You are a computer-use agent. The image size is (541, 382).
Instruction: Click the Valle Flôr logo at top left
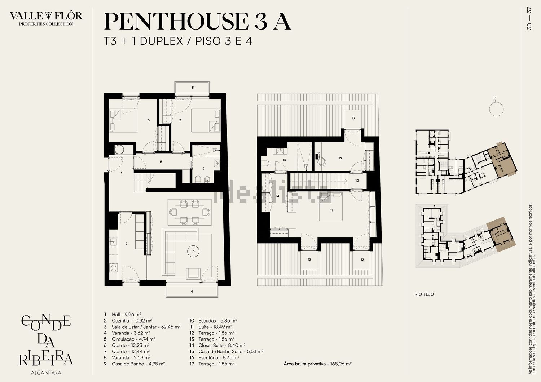46,18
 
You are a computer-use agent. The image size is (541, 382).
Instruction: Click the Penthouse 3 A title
197,22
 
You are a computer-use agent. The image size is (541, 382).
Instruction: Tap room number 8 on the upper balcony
193,87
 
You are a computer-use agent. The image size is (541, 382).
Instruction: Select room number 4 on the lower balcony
192,292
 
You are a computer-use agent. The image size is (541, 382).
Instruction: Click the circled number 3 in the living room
194,251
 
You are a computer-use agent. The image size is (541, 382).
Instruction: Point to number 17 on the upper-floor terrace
353,118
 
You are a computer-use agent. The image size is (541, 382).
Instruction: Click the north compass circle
496,109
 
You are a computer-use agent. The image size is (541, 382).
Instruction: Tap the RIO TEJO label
424,294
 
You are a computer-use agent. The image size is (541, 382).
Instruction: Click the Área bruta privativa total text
317,364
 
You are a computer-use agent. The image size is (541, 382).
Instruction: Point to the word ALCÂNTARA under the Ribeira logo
46,373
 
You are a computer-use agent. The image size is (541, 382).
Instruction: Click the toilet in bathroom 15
265,163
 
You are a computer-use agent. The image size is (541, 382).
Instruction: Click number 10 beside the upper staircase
357,181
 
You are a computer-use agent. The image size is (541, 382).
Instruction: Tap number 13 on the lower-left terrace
309,260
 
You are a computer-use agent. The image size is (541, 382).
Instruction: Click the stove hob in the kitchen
114,268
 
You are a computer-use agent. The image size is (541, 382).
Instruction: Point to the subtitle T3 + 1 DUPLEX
144,41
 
